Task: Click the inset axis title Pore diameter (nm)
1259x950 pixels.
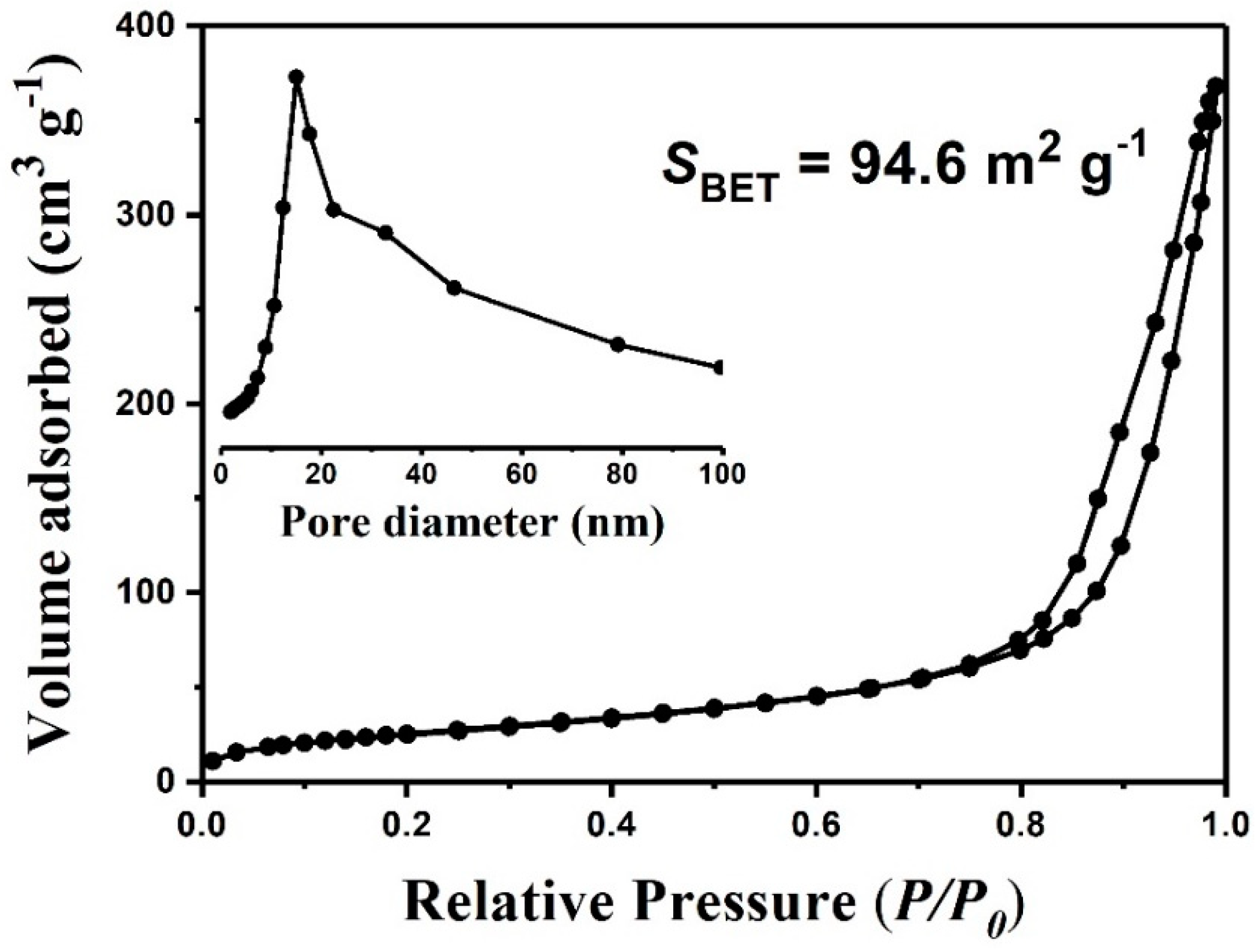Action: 472,522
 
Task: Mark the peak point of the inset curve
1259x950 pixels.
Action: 296,77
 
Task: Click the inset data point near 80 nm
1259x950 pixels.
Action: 618,345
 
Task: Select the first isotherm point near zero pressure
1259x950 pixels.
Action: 212,760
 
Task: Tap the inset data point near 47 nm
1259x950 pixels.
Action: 454,288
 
